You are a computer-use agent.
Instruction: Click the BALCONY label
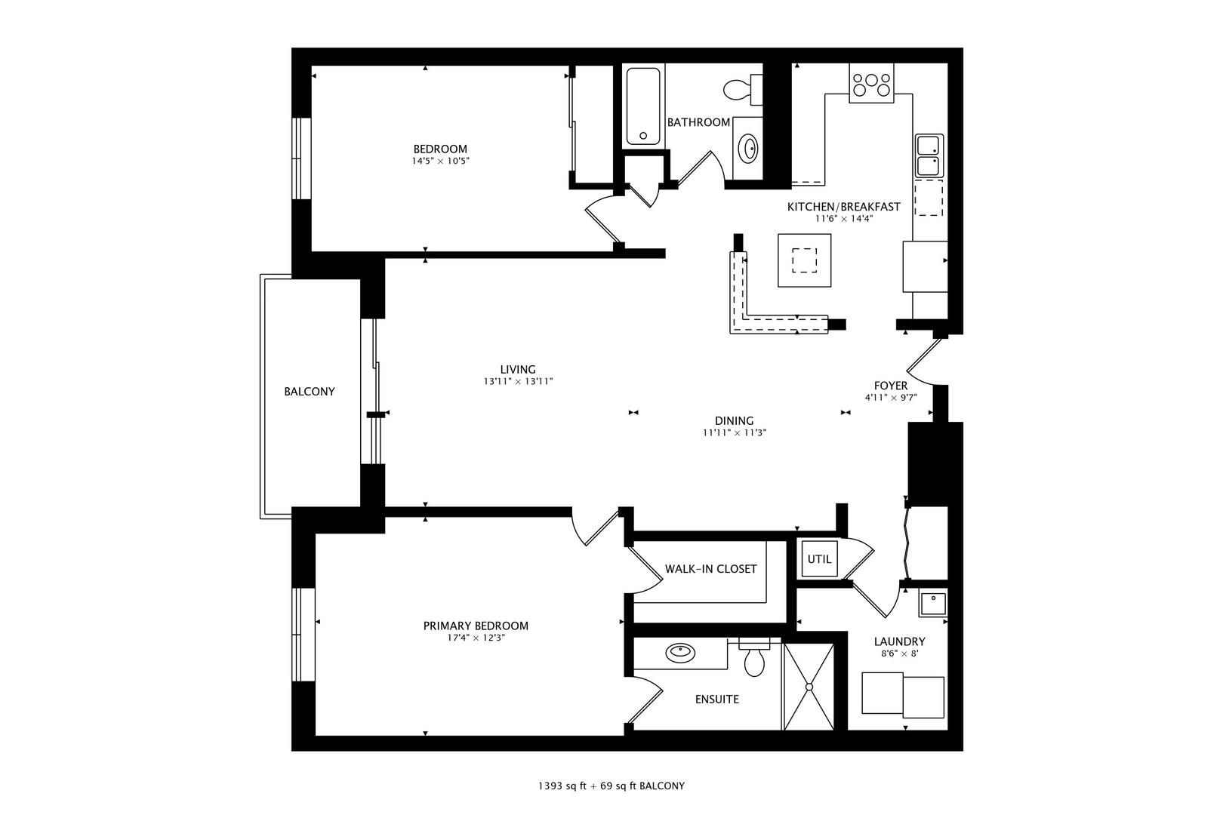pos(309,392)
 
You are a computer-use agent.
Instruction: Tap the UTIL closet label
pos(819,559)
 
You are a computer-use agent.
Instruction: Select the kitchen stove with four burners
pos(870,83)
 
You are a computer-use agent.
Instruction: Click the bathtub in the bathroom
pos(643,106)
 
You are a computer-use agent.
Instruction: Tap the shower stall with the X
pos(809,687)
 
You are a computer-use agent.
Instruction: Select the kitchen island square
pos(805,260)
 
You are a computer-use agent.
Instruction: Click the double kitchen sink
pos(929,155)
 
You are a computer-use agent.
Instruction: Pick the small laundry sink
pos(932,604)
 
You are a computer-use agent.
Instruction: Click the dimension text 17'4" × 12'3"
pos(476,638)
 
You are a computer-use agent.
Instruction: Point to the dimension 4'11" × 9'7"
pos(891,398)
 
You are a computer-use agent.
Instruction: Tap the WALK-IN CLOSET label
pos(710,569)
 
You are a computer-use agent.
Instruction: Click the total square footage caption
pos(611,786)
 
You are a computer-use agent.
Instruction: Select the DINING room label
pos(734,421)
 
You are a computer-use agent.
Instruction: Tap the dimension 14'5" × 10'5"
pos(440,161)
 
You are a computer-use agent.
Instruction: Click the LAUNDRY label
pos(899,641)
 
